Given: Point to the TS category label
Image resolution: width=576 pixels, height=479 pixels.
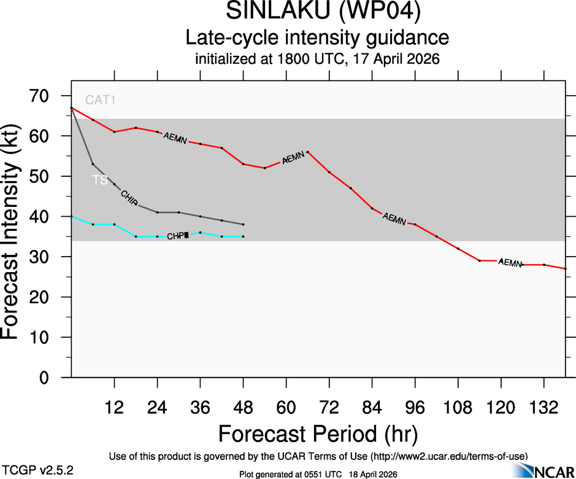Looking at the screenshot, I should tap(99, 180).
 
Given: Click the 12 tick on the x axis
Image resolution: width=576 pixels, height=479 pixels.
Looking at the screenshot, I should tap(114, 408).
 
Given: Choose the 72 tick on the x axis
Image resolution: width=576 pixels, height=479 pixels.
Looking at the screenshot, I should tap(329, 408).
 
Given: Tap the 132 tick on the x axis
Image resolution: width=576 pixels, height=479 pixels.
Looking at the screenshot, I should tap(543, 408).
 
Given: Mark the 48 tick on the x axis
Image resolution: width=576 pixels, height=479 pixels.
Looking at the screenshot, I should tap(243, 408).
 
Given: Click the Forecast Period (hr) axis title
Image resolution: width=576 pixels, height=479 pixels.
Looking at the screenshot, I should tap(318, 434).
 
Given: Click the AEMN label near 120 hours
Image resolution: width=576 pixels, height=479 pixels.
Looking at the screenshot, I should tap(510, 262).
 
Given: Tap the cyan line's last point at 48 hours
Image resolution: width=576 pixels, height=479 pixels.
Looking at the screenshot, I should tap(244, 236).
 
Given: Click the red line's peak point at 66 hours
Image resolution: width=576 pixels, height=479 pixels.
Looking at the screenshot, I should tap(307, 152).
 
